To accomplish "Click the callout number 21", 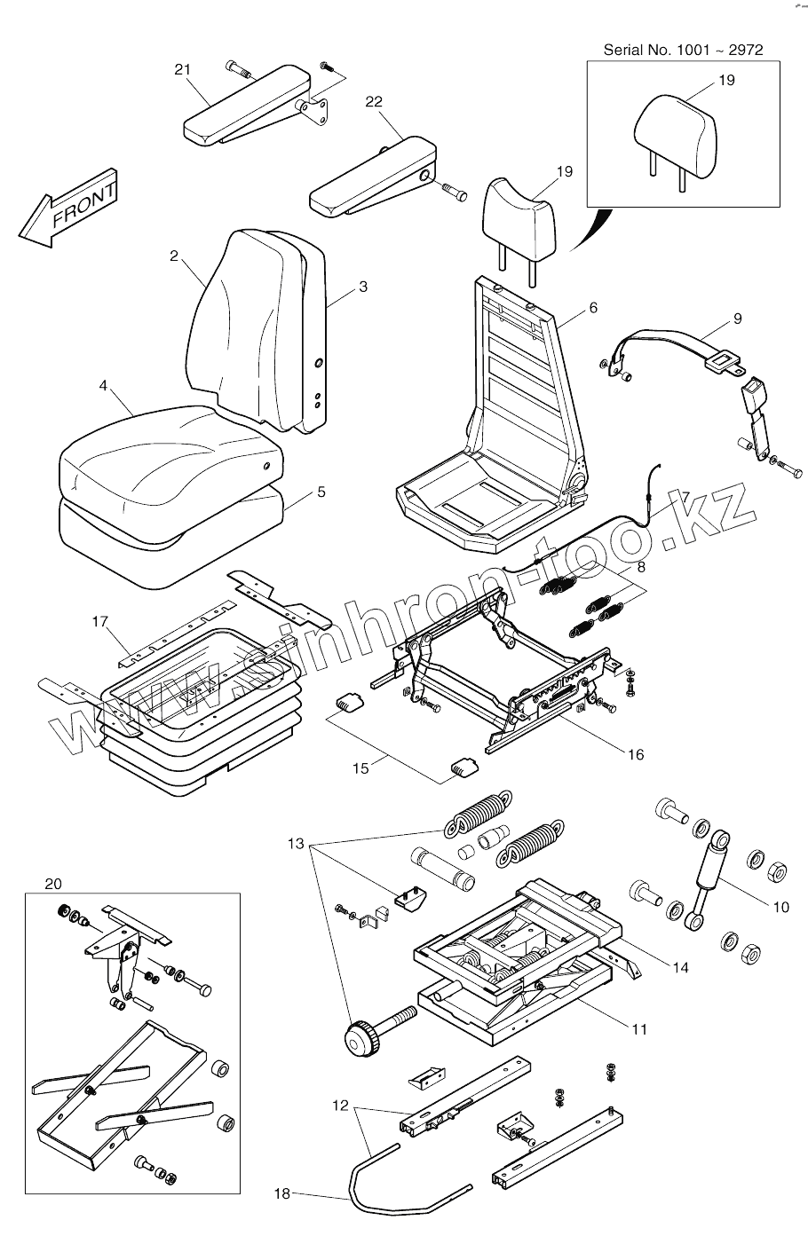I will (183, 71).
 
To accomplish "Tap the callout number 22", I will (374, 102).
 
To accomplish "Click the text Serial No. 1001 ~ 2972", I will (683, 50).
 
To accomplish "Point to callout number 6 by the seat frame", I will (593, 308).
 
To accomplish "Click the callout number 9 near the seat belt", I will (737, 319).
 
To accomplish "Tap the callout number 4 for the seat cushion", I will (104, 386).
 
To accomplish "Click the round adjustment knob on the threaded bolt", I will (360, 1038).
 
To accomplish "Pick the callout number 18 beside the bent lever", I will (281, 1194).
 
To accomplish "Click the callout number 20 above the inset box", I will (53, 883).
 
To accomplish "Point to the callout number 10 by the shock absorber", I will (780, 907).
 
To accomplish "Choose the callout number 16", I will (636, 755).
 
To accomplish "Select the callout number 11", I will (639, 1029).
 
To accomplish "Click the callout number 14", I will (679, 967).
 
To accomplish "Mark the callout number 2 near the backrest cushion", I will (174, 256).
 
